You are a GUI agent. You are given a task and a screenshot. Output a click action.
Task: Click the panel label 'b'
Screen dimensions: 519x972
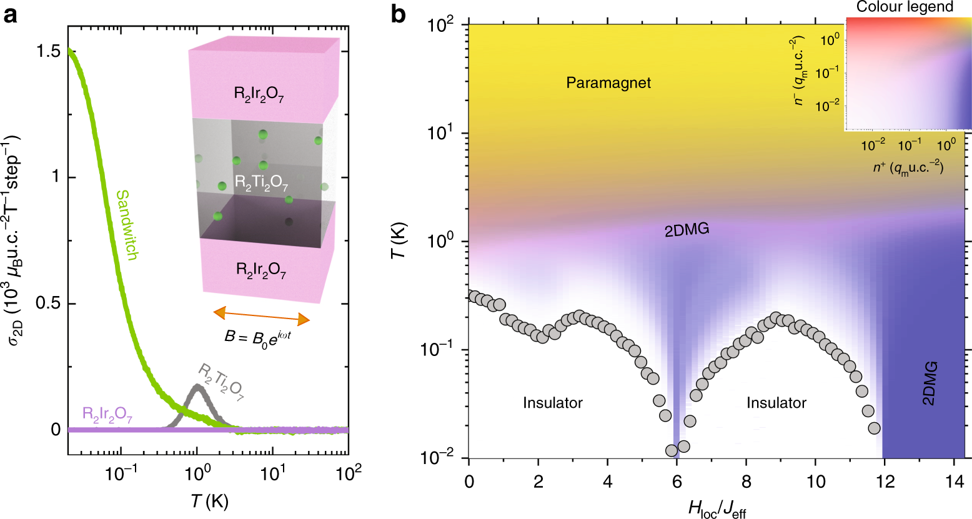click(399, 14)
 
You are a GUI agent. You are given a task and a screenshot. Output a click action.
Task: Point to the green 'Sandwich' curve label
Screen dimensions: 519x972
click(127, 225)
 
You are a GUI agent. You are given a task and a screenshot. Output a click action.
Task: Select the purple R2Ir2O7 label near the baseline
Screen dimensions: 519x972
click(107, 415)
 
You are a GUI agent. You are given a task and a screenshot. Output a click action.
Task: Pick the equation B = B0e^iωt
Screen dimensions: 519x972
click(259, 338)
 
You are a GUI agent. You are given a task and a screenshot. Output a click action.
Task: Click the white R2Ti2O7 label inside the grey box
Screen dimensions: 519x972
click(261, 183)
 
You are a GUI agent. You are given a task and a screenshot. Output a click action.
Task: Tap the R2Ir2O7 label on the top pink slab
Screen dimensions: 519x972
click(259, 95)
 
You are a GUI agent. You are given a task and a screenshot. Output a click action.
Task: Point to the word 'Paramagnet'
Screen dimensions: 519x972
click(608, 83)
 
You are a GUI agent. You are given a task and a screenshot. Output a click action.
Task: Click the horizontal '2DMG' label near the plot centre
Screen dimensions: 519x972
click(687, 230)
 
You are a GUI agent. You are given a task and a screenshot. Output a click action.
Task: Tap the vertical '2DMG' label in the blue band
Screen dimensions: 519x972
click(929, 383)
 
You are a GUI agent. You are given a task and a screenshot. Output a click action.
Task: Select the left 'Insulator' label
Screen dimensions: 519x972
click(552, 403)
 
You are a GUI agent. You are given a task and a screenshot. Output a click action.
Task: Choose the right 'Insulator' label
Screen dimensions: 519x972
click(776, 403)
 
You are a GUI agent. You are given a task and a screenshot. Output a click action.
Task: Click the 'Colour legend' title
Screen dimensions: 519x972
click(905, 7)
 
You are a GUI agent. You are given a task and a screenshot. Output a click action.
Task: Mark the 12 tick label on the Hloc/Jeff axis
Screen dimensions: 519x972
click(886, 482)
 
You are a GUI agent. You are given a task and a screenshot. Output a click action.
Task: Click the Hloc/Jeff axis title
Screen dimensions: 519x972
click(717, 509)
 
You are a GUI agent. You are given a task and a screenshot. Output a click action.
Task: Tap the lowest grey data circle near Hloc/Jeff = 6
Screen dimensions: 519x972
click(672, 450)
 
